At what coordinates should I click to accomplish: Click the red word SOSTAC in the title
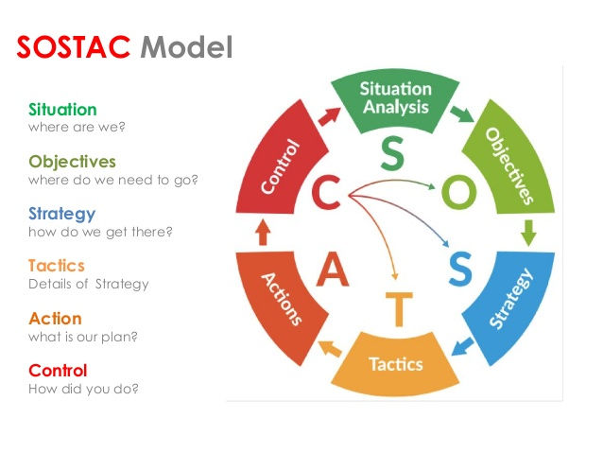pyautogui.click(x=75, y=46)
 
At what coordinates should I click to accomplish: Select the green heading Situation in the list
pyautogui.click(x=62, y=110)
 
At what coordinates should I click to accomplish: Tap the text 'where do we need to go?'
pyautogui.click(x=119, y=180)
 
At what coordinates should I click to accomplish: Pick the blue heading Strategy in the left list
pyautogui.click(x=61, y=214)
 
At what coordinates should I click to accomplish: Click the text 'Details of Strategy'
pyautogui.click(x=88, y=284)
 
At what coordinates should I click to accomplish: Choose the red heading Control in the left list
pyautogui.click(x=58, y=371)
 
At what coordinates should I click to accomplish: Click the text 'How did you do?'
pyautogui.click(x=83, y=388)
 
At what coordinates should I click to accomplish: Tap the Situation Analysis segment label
pyautogui.click(x=396, y=97)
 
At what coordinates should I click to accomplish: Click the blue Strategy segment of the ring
pyautogui.click(x=510, y=299)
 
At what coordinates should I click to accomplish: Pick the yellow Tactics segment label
pyautogui.click(x=395, y=364)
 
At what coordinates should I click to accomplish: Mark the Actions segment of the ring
pyautogui.click(x=282, y=298)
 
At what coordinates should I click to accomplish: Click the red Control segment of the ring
pyautogui.click(x=280, y=166)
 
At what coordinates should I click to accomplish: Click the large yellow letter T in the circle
pyautogui.click(x=400, y=308)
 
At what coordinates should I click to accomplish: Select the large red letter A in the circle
pyautogui.click(x=332, y=270)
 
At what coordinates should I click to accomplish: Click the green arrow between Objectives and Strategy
pyautogui.click(x=528, y=230)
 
